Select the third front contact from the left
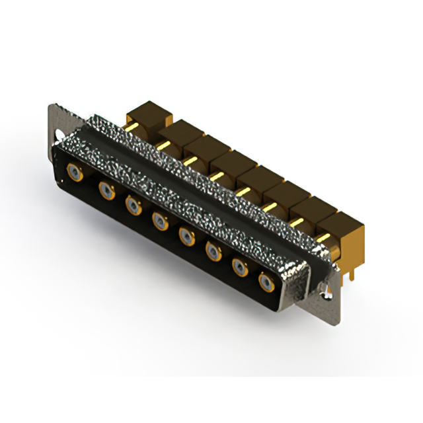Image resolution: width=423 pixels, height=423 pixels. coord(132,206)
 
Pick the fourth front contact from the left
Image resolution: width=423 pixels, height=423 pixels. coord(159,220)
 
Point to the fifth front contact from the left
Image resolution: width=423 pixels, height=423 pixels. coord(186,235)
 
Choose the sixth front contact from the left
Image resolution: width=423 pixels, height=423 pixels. coord(213,250)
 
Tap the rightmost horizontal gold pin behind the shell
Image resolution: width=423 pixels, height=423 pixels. coord(324,237)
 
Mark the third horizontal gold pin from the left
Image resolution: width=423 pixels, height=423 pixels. coord(189,159)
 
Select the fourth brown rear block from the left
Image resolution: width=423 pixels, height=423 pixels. coord(231,165)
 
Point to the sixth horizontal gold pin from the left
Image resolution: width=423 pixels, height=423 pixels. coord(269,207)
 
